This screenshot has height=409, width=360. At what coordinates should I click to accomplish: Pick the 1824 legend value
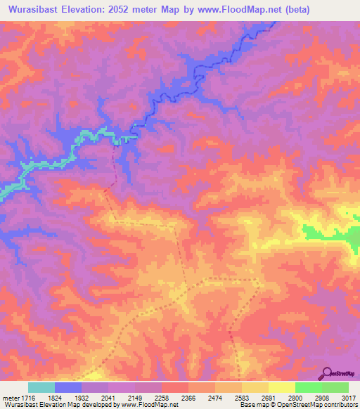pos(67,396)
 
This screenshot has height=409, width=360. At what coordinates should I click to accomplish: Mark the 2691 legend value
pos(281,396)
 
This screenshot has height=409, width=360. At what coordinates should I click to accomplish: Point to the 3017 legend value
pos(349,396)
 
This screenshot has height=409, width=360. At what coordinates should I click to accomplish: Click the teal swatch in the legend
pos(41,387)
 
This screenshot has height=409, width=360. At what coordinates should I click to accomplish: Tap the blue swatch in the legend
pos(68,387)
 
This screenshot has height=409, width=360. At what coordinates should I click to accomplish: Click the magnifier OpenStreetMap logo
pos(327,372)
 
